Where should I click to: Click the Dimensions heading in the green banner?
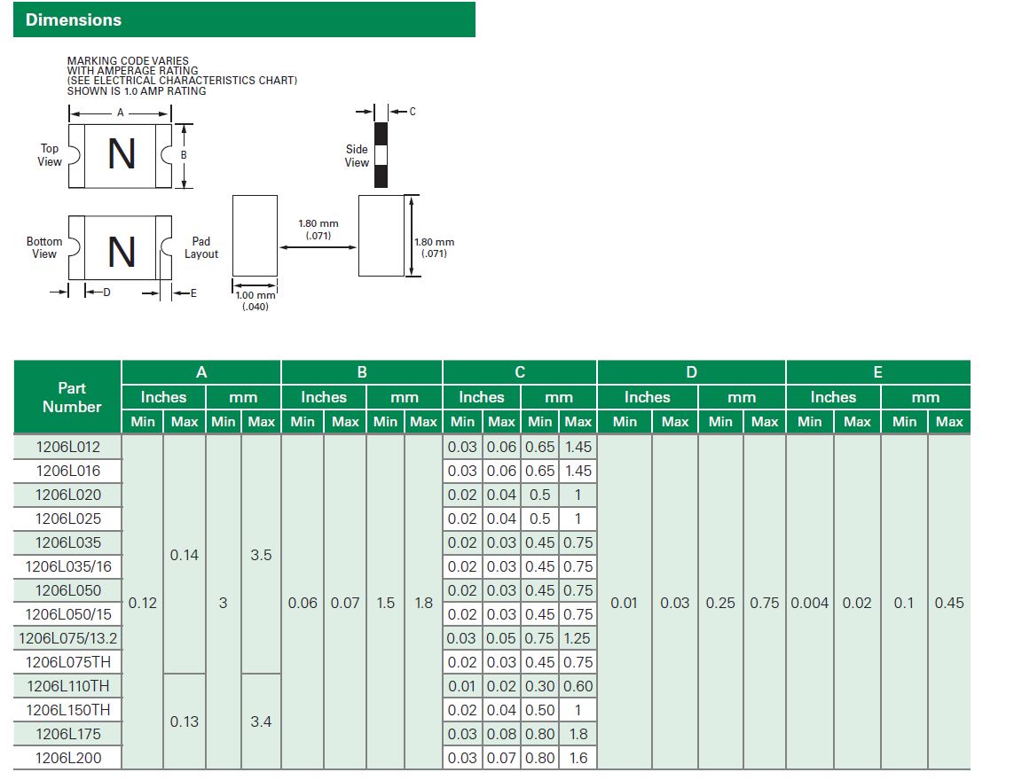73,20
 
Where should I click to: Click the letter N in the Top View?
121,154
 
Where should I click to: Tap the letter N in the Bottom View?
121,252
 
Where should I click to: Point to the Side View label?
357,156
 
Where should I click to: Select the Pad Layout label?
201,247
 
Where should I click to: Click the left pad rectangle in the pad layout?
255,236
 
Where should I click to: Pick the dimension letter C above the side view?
413,112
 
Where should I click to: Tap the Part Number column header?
72,397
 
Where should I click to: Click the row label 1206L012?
68,447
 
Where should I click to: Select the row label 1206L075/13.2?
68,638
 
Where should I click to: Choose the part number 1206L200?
68,758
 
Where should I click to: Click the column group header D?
691,372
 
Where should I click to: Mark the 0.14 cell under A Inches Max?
185,555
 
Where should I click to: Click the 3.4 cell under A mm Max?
261,721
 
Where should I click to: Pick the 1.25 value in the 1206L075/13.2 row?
577,638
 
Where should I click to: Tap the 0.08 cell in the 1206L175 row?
501,734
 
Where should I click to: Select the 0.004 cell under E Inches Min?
810,603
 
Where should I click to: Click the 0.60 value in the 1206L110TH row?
578,686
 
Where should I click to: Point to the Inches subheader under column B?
323,397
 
